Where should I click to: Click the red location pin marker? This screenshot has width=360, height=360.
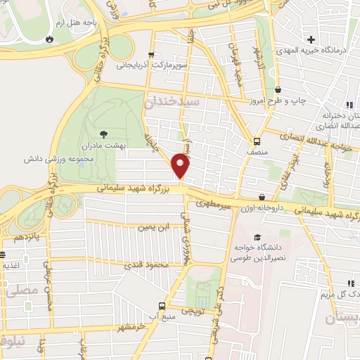point(181,165)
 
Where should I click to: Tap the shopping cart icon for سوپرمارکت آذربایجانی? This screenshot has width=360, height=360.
point(151,54)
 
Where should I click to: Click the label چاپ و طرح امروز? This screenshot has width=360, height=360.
point(281,101)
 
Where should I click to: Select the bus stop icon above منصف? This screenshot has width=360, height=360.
point(257,139)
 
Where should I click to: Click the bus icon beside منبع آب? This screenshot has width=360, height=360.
point(162,306)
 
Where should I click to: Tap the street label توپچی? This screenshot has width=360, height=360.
point(193,309)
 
